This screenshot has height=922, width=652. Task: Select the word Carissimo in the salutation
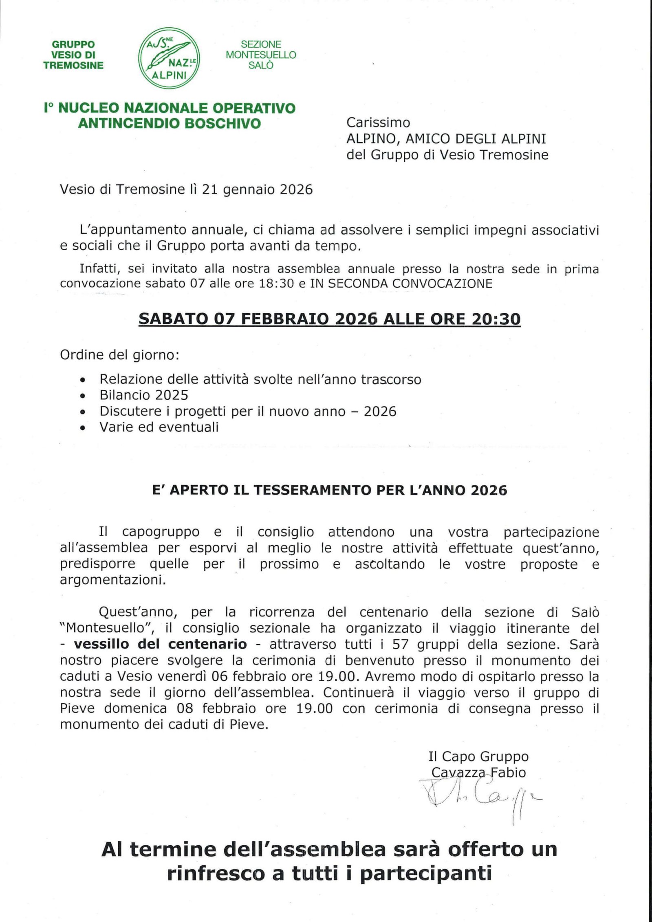(x=378, y=122)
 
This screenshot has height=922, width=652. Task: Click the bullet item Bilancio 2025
(x=144, y=395)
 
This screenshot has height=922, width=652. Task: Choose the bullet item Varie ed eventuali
(x=159, y=427)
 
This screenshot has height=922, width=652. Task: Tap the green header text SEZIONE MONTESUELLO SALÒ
(x=261, y=55)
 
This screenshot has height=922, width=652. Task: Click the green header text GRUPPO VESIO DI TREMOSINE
(x=73, y=55)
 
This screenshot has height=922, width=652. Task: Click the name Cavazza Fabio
(x=478, y=772)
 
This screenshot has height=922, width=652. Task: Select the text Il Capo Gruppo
(x=478, y=756)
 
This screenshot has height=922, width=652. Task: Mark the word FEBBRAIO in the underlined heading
(x=284, y=319)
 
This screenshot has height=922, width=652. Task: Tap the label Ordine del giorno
(x=120, y=355)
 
